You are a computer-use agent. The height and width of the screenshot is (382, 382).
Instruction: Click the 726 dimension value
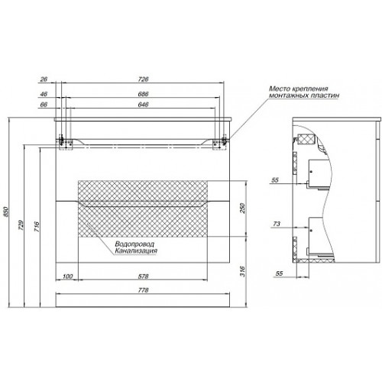coord(143,79)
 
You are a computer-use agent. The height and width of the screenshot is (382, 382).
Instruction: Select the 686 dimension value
coord(143,94)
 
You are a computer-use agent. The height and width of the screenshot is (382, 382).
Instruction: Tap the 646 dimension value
coord(143,105)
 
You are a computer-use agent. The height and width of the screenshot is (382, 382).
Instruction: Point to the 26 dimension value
coord(44,79)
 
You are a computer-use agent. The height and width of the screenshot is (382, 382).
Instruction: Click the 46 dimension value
coord(44,94)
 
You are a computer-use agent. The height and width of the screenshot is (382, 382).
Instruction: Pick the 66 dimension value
coord(44,105)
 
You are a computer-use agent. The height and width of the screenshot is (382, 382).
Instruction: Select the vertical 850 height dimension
coord(6,212)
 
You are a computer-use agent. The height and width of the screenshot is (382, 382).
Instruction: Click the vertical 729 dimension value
coord(21,225)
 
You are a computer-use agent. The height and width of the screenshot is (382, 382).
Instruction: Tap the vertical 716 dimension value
coord(37,227)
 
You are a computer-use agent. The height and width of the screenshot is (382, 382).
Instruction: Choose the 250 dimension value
coord(242,209)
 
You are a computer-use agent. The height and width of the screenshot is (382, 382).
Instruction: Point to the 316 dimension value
coord(242,271)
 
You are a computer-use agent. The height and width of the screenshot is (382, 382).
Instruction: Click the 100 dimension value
coord(67,277)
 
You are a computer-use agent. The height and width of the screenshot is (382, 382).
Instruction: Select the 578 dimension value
coord(143,277)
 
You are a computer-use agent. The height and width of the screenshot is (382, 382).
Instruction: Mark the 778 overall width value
coord(143,290)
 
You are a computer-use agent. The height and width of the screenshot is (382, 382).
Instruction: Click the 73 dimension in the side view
coord(277,224)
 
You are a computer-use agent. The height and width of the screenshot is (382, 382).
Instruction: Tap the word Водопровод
coord(134,244)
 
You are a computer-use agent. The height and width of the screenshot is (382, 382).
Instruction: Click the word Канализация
coord(136,251)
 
